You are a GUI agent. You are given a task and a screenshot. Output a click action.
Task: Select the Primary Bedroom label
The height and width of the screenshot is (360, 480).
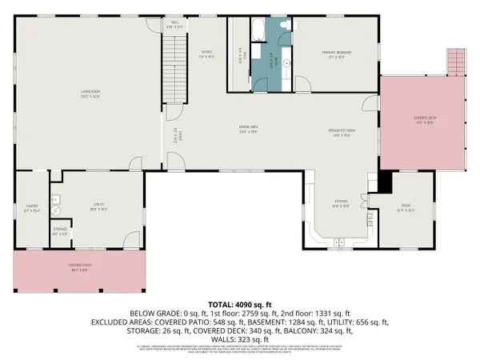[337, 54]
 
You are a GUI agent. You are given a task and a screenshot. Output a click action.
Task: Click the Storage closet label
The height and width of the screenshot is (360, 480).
[60, 233]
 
